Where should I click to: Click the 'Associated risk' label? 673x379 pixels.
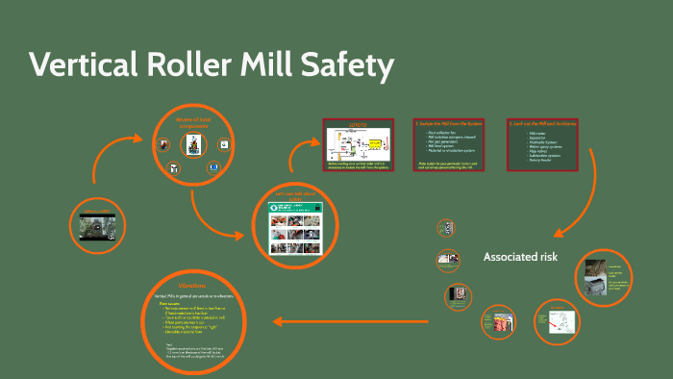pos(519,257)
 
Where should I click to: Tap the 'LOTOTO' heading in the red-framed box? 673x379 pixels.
pos(358,126)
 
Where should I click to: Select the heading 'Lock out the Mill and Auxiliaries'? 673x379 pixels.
pos(543,124)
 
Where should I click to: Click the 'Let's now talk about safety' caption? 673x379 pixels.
pos(295,196)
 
